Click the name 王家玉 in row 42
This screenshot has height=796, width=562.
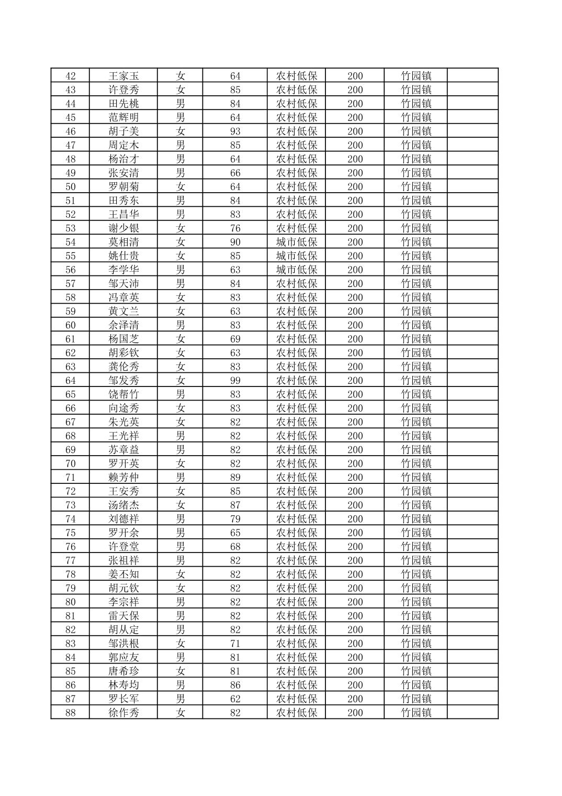coord(123,76)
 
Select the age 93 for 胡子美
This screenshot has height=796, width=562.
coord(235,131)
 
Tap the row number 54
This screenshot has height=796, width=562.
coord(70,242)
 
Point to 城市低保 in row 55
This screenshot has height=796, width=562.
coord(297,256)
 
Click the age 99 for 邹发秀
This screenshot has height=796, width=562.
coord(235,381)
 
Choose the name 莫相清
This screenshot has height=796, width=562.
coord(123,242)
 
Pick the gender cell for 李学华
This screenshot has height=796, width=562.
coord(181,270)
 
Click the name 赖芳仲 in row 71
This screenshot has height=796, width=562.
coord(123,478)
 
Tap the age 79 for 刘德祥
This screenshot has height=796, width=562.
coord(235,519)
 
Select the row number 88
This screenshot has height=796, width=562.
coord(70,713)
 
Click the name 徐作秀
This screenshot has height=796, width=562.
coord(123,713)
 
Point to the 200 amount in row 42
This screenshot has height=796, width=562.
coord(355,76)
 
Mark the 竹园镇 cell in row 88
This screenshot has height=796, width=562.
coord(416,713)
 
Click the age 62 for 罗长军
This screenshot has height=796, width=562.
coord(235,699)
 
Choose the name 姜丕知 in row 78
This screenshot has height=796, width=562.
coord(123,574)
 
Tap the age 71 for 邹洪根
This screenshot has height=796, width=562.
coord(235,644)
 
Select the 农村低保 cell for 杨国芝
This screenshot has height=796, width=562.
coord(297,339)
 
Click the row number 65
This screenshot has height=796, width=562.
coord(70,394)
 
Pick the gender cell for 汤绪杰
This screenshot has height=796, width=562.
coord(181,505)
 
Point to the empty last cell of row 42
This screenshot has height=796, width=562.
coord(473,76)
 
